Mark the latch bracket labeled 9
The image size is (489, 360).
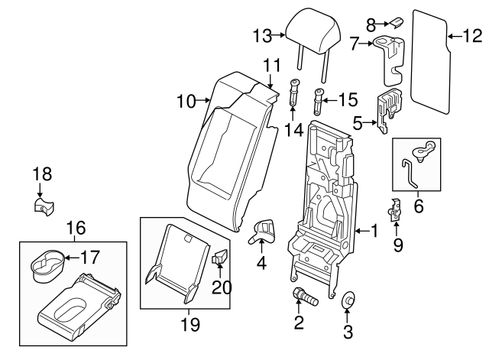395,207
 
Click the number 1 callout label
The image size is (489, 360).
374,229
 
